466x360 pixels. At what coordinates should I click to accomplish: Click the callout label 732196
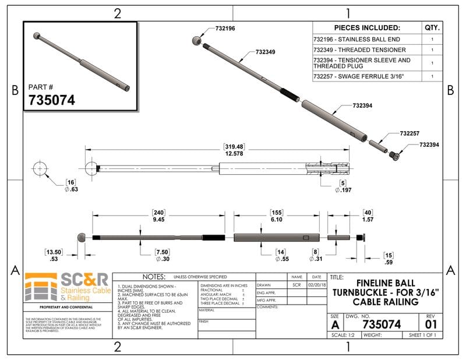click(x=225, y=28)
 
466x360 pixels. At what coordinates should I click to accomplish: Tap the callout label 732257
click(x=409, y=133)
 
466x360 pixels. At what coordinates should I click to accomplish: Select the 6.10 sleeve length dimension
click(x=277, y=220)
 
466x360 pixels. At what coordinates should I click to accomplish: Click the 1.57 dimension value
click(x=368, y=220)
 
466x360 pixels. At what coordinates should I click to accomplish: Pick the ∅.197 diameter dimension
click(x=347, y=190)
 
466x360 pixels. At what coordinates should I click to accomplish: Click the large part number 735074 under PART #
click(x=52, y=100)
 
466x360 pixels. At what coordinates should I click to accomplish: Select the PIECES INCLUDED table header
click(x=367, y=27)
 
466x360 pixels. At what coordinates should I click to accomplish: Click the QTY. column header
click(x=432, y=27)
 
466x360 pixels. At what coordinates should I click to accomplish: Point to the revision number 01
click(x=431, y=323)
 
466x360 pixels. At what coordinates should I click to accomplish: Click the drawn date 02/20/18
click(x=317, y=286)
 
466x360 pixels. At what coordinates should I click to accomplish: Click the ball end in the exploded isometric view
click(x=197, y=40)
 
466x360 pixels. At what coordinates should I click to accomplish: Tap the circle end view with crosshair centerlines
click(x=40, y=168)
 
